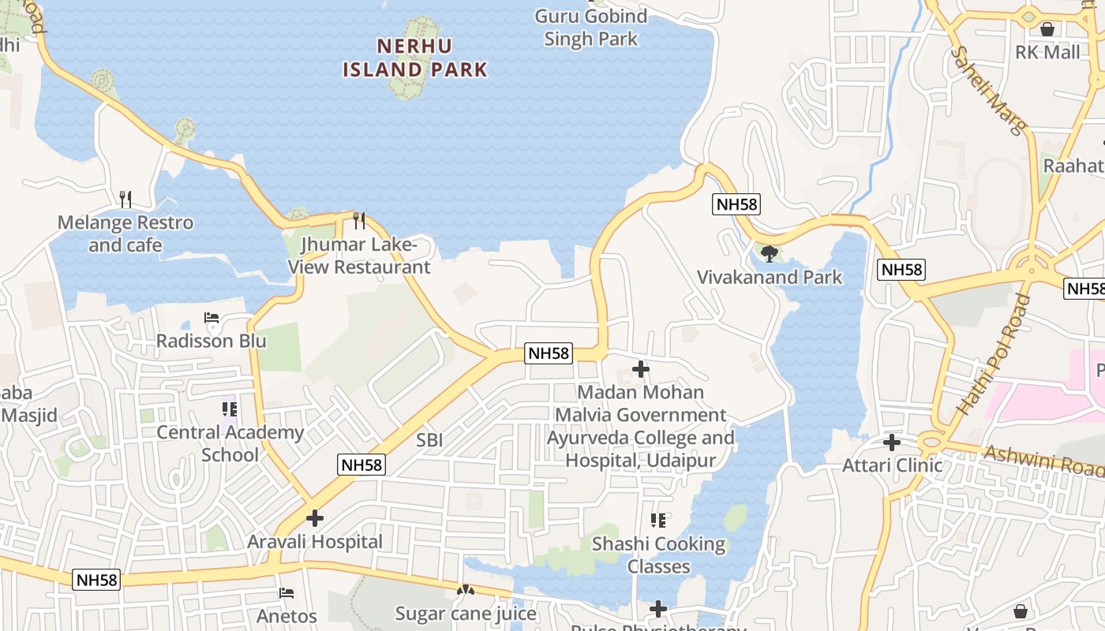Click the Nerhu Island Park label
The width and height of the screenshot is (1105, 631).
415,58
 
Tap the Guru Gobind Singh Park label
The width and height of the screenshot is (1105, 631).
590,28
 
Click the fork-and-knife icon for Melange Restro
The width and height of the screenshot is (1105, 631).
125,199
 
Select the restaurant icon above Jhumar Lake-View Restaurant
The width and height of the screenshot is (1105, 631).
359,220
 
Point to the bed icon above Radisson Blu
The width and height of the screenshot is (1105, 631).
212,318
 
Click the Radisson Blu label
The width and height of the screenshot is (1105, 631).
212,341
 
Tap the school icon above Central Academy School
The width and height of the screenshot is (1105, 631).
230,409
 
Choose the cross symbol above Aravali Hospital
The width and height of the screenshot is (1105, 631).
315,518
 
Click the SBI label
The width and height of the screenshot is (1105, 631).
429,440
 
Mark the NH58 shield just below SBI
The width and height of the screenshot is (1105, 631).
362,465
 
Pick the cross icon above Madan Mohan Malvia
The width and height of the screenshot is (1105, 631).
641,368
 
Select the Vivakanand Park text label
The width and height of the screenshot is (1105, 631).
770,277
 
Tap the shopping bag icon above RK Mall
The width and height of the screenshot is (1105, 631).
1047,29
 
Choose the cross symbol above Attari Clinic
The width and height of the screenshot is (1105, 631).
892,442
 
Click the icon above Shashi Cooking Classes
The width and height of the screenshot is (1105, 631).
658,521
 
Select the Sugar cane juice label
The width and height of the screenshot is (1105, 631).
466,614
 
